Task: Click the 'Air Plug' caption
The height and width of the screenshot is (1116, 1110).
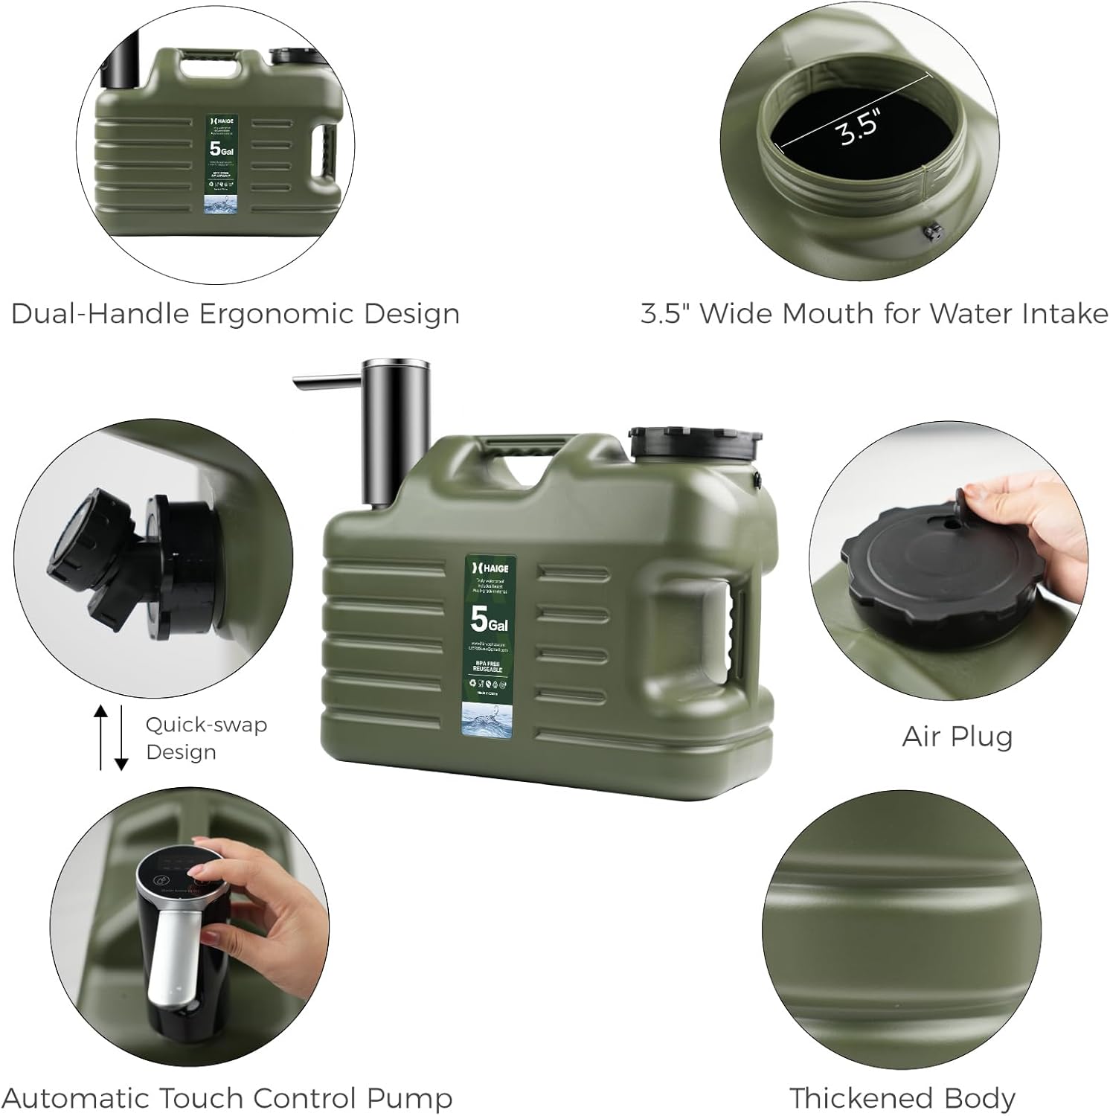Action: pos(957,737)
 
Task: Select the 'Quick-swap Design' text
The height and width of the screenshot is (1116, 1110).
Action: pos(205,738)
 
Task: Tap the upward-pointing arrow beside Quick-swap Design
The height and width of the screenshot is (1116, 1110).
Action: pos(101,736)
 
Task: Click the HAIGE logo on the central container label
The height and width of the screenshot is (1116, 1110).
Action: pos(490,568)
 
